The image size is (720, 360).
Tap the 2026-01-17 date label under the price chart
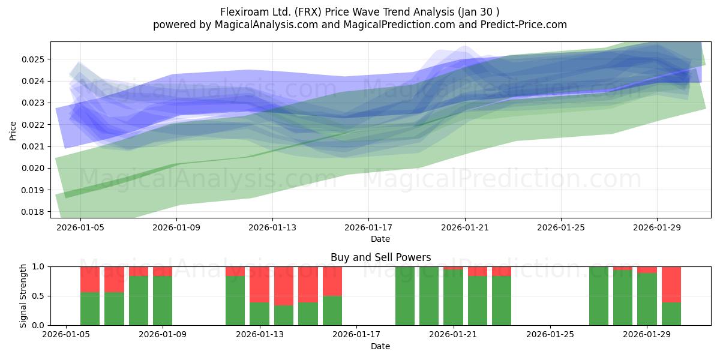[368, 227]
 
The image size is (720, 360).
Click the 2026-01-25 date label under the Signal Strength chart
[550, 334]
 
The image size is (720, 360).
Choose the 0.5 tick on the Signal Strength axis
[38, 296]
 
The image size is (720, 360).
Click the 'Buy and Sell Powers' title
[380, 257]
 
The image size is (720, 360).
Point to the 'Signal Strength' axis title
[23, 296]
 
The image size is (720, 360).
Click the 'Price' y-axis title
[13, 131]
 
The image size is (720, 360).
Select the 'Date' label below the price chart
[380, 239]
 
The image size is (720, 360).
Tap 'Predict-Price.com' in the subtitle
[524, 25]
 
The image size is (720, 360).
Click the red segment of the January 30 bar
[671, 284]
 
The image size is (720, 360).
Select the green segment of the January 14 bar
[284, 316]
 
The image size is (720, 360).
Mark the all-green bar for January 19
[405, 296]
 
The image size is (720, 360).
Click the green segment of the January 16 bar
[332, 311]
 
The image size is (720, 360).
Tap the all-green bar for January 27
[599, 296]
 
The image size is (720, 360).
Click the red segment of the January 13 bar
[259, 284]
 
